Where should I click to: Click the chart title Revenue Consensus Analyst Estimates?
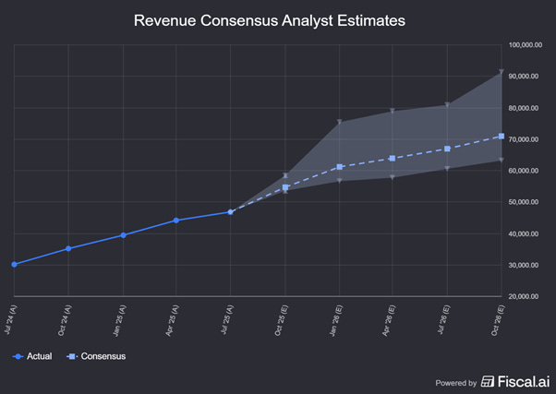[x=269, y=19]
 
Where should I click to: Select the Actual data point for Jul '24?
[x=14, y=265]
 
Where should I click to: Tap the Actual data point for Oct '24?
[x=68, y=249]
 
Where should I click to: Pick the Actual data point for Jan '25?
[x=123, y=235]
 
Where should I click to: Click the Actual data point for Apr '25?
[x=176, y=221]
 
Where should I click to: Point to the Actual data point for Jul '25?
[x=231, y=212]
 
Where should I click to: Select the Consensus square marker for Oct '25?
[x=285, y=187]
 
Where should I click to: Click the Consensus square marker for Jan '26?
[x=340, y=167]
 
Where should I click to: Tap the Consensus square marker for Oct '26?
[x=502, y=137]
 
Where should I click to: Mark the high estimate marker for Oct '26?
[x=502, y=72]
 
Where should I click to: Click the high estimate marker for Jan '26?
[x=340, y=122]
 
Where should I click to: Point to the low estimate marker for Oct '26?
[x=502, y=160]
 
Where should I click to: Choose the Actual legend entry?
[x=32, y=356]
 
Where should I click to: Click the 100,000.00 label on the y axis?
[x=525, y=44]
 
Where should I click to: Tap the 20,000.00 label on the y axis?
[x=525, y=296]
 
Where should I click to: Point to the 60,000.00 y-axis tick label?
[x=525, y=171]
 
